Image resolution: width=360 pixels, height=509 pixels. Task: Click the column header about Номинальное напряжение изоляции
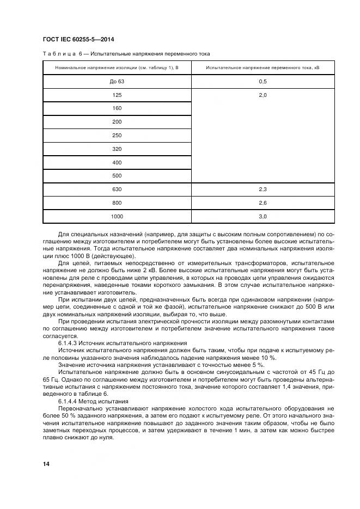117,68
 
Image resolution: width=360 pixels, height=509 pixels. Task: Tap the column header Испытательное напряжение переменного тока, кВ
263,68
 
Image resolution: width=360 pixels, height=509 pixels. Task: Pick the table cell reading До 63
117,81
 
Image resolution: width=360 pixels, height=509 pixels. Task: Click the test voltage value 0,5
263,81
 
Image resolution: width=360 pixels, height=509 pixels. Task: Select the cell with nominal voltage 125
117,95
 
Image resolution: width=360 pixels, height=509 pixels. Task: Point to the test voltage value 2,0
263,95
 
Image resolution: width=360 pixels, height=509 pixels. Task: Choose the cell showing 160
117,108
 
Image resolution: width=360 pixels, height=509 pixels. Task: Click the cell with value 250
117,135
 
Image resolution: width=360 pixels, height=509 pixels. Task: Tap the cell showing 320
117,149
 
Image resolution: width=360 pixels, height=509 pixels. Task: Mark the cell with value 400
117,162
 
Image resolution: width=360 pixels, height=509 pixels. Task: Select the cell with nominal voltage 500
117,176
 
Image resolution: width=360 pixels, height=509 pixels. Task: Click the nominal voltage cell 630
117,189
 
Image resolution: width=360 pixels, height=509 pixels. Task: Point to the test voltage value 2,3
263,189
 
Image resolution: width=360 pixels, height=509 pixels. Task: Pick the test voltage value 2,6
263,203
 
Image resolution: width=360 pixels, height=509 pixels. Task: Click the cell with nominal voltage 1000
117,217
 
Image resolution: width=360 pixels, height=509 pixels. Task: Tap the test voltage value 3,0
263,217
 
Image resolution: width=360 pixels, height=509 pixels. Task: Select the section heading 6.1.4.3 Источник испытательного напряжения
123,344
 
